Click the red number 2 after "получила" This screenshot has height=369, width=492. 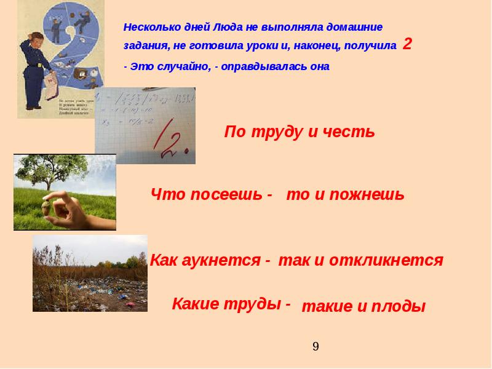point(407,44)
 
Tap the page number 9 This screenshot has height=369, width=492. point(315,346)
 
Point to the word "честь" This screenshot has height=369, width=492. point(351,132)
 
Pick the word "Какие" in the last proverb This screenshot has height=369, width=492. point(192,303)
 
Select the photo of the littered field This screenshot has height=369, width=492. point(90,273)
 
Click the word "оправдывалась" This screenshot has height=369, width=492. point(264,66)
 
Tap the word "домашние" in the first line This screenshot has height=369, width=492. point(356,28)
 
